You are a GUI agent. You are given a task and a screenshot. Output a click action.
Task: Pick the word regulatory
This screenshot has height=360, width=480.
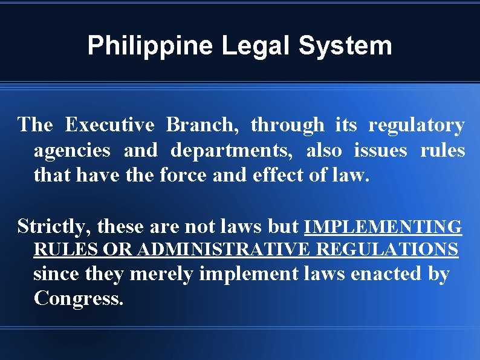[x=417, y=125]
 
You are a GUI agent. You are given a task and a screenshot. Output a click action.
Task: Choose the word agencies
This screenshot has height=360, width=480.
[x=72, y=150]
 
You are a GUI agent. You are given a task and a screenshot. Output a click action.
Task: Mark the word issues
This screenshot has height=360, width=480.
[x=380, y=150]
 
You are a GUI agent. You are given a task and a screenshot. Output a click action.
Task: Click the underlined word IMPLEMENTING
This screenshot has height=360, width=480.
[x=383, y=227]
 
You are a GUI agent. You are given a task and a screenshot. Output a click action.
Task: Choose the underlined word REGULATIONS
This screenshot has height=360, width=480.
[x=388, y=249]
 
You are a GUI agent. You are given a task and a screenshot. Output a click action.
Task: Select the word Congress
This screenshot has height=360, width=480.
[x=79, y=298]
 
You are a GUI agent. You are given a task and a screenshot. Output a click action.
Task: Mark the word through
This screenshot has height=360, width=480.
[x=287, y=125]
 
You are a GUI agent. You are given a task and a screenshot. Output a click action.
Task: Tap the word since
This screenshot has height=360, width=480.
[x=57, y=274]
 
